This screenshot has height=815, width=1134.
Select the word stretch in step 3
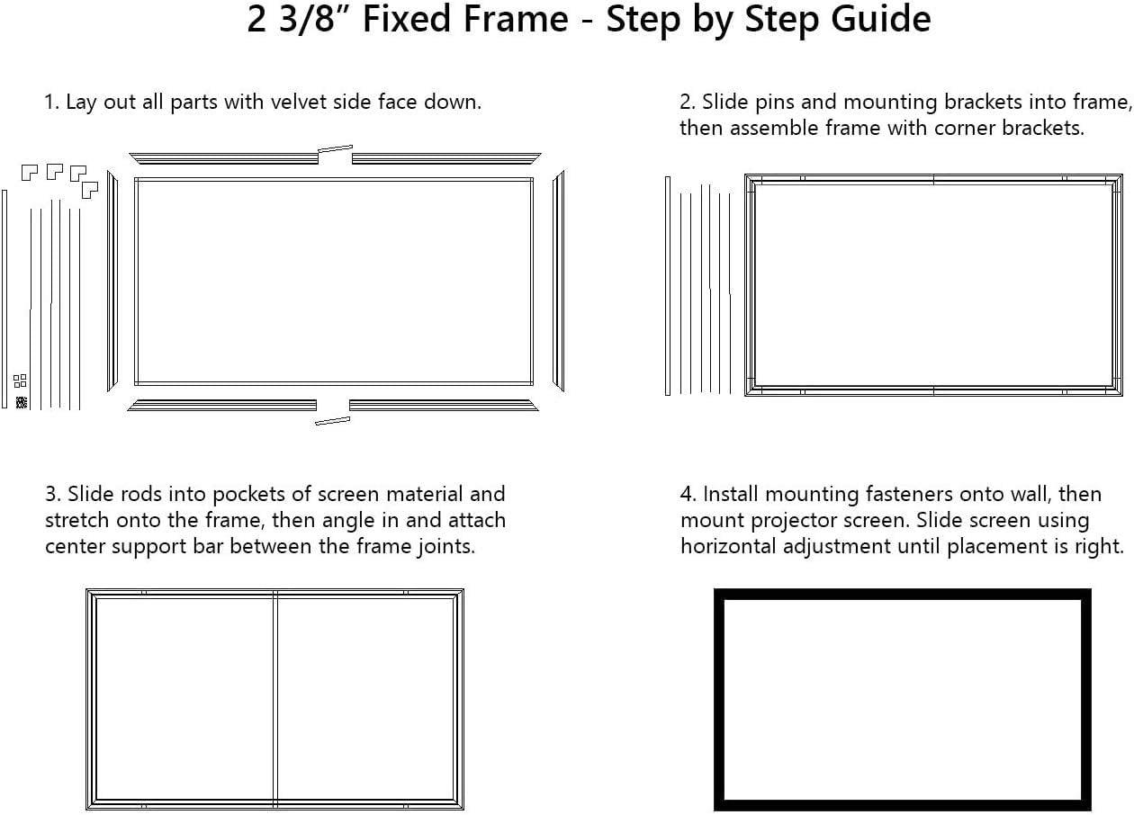click(76, 521)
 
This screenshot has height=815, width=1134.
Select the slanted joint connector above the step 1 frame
click(335, 149)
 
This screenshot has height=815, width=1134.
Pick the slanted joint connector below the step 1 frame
click(332, 420)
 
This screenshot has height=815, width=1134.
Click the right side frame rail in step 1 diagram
click(558, 281)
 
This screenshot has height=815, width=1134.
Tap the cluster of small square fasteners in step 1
click(21, 381)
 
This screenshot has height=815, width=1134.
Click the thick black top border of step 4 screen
click(902, 594)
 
